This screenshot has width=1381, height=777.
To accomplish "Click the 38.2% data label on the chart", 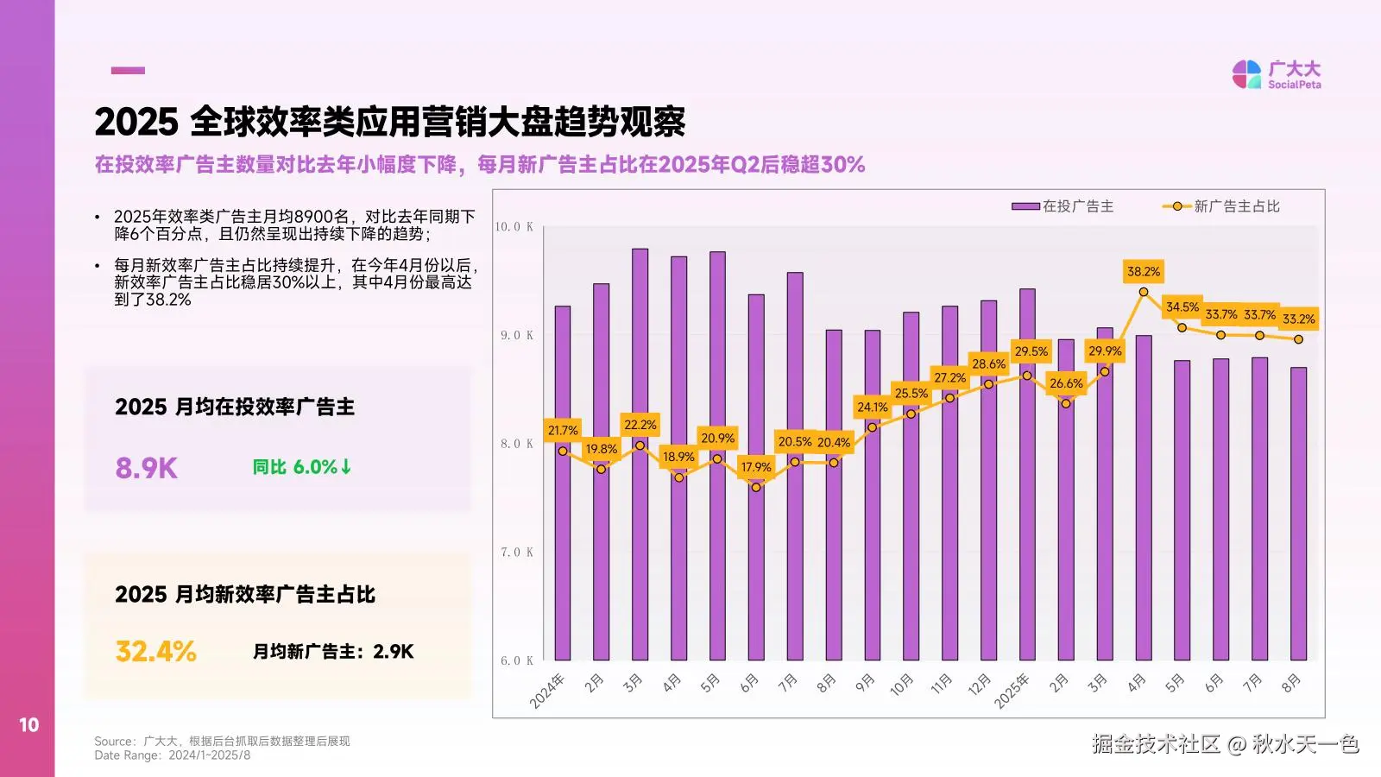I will [1143, 271].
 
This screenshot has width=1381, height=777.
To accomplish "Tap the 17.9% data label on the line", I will [755, 467].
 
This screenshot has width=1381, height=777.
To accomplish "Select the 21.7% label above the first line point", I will [563, 430].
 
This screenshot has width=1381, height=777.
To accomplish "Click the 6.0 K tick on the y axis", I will [516, 660].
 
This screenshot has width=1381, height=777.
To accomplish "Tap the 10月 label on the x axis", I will [901, 685].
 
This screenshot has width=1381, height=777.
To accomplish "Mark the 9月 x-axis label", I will [864, 683].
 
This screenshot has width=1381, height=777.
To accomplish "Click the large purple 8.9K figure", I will [146, 468].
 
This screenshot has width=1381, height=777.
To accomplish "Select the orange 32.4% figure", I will [155, 651].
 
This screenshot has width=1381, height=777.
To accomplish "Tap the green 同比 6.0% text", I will [302, 467].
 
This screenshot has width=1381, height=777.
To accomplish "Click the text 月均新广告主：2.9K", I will [332, 652].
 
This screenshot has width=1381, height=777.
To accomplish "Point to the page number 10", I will [28, 725].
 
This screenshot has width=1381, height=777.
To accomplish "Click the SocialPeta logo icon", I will [1246, 74].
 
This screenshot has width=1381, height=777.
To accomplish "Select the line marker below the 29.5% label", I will [1027, 376].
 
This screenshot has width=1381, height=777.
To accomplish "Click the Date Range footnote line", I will [172, 755].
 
